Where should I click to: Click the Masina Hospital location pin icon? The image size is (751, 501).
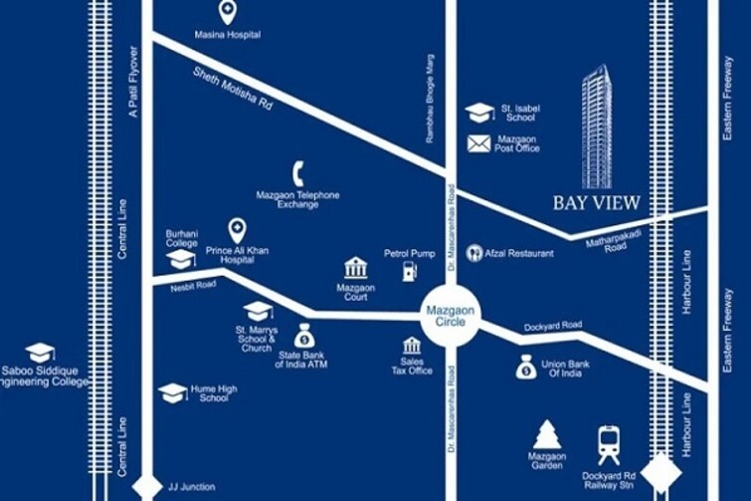click(x=228, y=13)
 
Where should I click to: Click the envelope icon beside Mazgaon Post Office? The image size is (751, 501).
click(x=479, y=143)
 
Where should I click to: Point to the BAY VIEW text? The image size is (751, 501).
click(x=597, y=203)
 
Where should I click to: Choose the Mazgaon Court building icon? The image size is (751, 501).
click(x=355, y=268)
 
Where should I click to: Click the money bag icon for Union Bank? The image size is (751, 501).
click(x=526, y=369)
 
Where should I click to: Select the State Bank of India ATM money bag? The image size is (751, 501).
click(x=304, y=336)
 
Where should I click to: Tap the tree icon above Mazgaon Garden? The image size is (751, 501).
click(x=546, y=434)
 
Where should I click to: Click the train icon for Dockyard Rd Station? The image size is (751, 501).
click(x=609, y=438)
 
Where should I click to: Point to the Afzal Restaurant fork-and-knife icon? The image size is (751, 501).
click(x=473, y=253)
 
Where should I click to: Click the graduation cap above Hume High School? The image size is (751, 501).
click(x=172, y=392)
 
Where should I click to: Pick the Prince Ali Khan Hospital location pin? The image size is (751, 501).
click(x=237, y=230)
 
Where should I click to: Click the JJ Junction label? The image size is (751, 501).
click(x=192, y=487)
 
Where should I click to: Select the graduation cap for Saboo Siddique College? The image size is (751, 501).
click(x=40, y=353)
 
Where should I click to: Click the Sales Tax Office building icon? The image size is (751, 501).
click(x=410, y=346)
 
